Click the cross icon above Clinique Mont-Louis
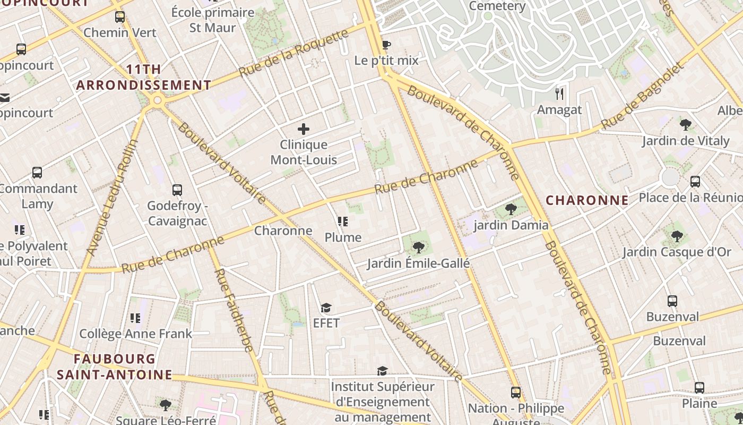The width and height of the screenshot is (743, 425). (x=304, y=129)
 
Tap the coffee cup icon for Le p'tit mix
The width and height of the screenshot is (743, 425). (x=386, y=45)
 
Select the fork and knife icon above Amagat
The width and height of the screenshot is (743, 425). (x=559, y=94)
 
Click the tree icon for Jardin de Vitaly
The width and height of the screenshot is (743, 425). (x=685, y=125)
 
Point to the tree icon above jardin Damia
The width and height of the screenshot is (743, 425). (x=511, y=209)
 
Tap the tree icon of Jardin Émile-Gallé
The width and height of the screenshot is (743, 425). (x=418, y=247)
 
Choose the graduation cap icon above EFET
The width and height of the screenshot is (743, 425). (x=326, y=308)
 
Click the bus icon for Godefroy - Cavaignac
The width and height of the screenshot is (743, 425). (x=177, y=190)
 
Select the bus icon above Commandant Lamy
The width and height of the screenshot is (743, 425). (x=37, y=173)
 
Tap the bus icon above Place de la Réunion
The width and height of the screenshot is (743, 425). (x=695, y=182)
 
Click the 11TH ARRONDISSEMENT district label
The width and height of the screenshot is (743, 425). (x=144, y=78)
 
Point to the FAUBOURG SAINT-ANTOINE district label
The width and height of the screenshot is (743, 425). (x=115, y=367)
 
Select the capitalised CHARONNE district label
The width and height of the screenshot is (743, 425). (x=587, y=200)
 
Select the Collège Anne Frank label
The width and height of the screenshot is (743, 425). (x=135, y=334)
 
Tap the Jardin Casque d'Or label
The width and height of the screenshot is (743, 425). (x=677, y=252)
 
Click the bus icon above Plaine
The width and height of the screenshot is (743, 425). (x=699, y=388)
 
